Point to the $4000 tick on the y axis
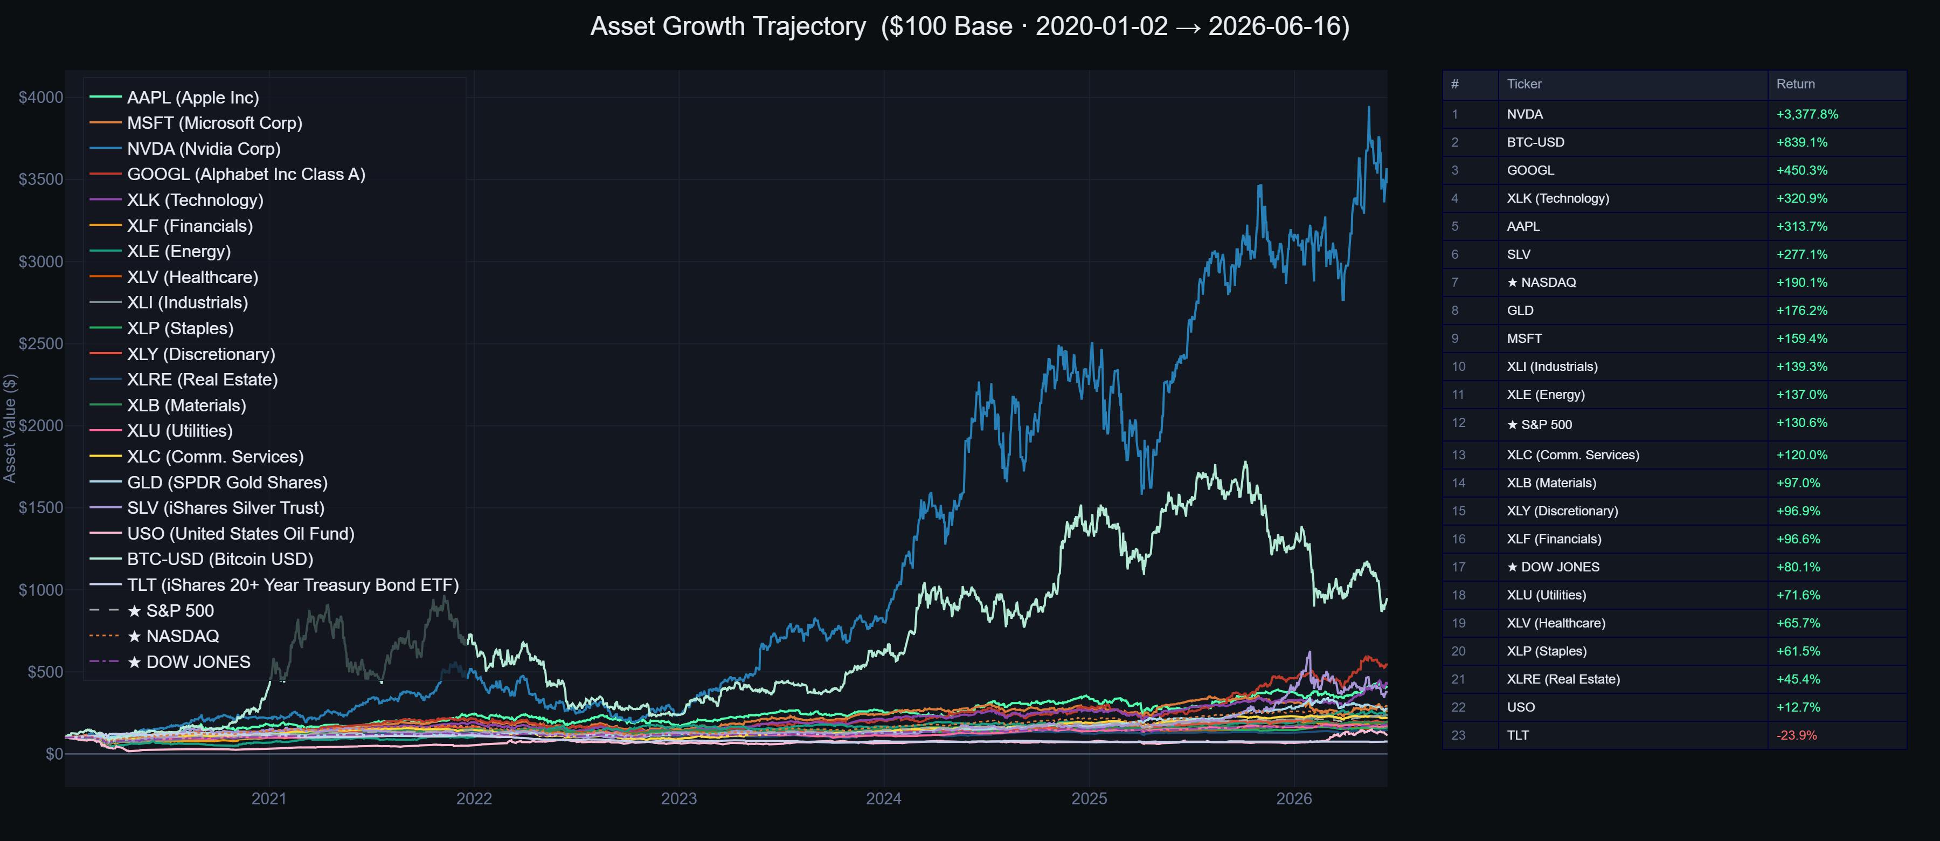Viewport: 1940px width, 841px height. coord(40,97)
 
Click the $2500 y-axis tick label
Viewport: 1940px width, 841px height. coord(40,343)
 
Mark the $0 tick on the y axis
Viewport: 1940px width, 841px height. coord(54,754)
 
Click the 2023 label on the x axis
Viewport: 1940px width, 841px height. coord(678,799)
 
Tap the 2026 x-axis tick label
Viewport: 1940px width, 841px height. coord(1294,799)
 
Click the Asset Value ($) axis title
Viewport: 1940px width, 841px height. coord(10,428)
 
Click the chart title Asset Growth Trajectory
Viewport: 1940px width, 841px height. coord(728,26)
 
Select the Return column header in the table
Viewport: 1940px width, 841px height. coord(1796,85)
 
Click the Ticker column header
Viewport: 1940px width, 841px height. coord(1525,85)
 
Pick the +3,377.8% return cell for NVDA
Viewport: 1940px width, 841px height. coord(1807,114)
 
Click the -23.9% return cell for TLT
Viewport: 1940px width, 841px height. coord(1796,735)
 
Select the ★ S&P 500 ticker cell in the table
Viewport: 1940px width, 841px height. coord(1540,424)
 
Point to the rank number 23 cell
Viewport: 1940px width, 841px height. coord(1459,735)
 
